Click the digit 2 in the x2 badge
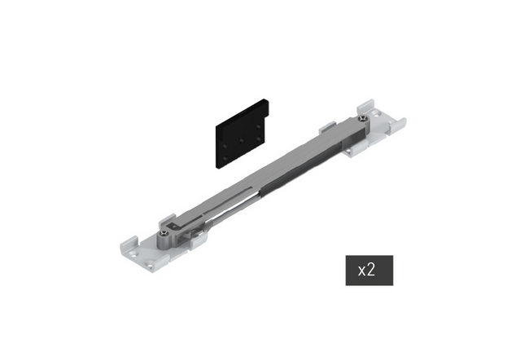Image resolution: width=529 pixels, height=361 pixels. (371, 270)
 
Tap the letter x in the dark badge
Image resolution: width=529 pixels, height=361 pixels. (362, 271)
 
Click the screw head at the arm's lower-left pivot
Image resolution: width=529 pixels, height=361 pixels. (164, 233)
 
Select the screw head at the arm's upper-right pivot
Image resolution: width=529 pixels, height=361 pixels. (363, 118)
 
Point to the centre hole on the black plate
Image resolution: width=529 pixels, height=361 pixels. (242, 140)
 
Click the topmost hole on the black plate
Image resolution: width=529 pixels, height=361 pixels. (258, 127)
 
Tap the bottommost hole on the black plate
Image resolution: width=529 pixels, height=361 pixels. (225, 158)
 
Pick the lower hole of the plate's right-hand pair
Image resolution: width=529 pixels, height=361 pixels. (258, 139)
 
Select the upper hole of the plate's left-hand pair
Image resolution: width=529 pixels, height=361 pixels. (225, 146)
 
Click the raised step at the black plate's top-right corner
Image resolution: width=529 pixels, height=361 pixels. (266, 108)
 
